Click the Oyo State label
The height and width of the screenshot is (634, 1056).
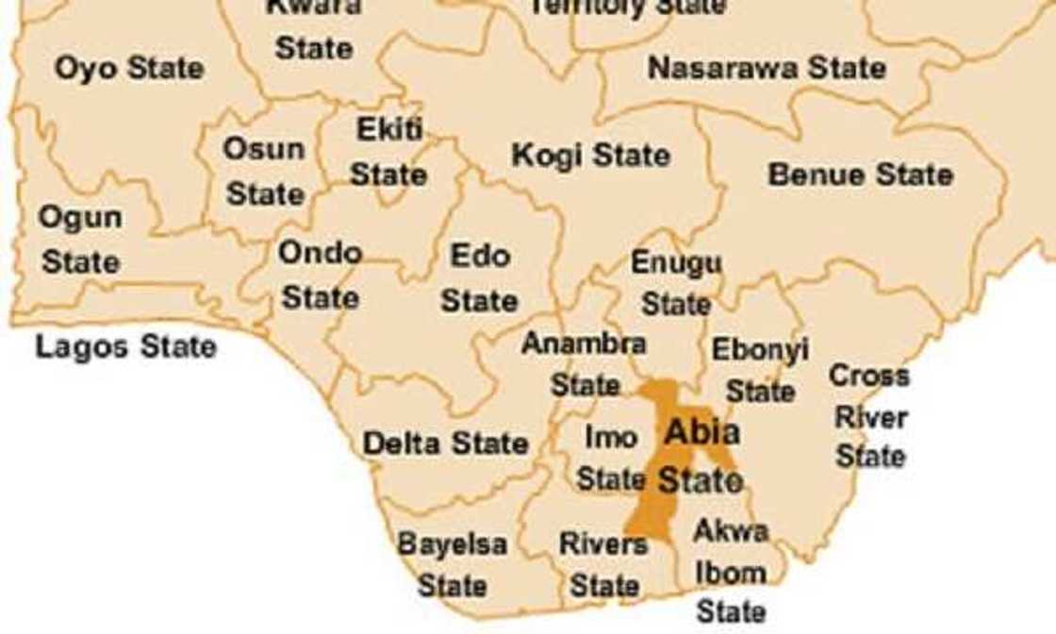[x=128, y=68]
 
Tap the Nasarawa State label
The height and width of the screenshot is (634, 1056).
[x=767, y=68]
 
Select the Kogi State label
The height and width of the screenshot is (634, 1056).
[x=590, y=156]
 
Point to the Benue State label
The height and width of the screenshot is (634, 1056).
[x=860, y=175]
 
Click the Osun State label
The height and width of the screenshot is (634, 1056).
[x=265, y=172]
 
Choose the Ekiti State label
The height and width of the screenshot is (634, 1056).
[x=388, y=152]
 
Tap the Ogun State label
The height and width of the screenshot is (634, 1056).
[x=80, y=239]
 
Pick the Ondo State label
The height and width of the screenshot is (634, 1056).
[x=321, y=275]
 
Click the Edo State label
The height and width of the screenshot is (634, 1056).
[x=480, y=278]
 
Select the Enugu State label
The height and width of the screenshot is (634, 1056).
[x=676, y=283]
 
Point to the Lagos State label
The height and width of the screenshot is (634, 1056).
[x=125, y=346]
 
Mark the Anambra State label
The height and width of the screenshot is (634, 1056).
[x=585, y=363]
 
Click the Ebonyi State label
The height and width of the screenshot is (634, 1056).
[x=760, y=369]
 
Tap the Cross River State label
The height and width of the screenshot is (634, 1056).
[x=869, y=416]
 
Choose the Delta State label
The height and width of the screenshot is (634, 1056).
[x=445, y=442]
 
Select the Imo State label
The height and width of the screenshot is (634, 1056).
[x=611, y=458]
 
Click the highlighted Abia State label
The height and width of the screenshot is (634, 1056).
[x=701, y=456]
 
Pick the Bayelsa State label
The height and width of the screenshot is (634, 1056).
[x=452, y=564]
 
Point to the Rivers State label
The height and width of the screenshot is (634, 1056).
[x=603, y=564]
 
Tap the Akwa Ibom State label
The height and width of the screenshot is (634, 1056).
[x=731, y=572]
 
